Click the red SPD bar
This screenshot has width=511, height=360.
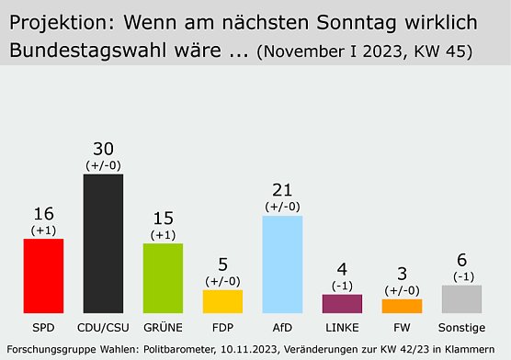click(43, 276)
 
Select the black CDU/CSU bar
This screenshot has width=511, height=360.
click(103, 243)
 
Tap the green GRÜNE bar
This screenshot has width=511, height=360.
click(163, 278)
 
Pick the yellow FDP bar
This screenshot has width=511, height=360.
click(222, 301)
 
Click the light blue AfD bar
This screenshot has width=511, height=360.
click(282, 264)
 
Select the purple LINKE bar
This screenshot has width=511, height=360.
click(342, 303)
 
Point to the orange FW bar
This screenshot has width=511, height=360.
click(402, 306)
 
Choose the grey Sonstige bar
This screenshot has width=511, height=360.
click(461, 298)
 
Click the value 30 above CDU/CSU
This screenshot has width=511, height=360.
click(103, 150)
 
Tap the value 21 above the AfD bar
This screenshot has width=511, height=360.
click(282, 191)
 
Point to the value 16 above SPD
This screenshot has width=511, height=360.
click(43, 214)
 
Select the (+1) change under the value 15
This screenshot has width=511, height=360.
click(163, 234)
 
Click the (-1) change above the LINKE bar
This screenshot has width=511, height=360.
click(342, 285)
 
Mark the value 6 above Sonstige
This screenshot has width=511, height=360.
click(461, 261)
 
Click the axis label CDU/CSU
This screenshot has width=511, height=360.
click(103, 326)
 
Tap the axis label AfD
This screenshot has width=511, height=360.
click(282, 326)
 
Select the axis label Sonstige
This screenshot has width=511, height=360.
click(461, 326)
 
